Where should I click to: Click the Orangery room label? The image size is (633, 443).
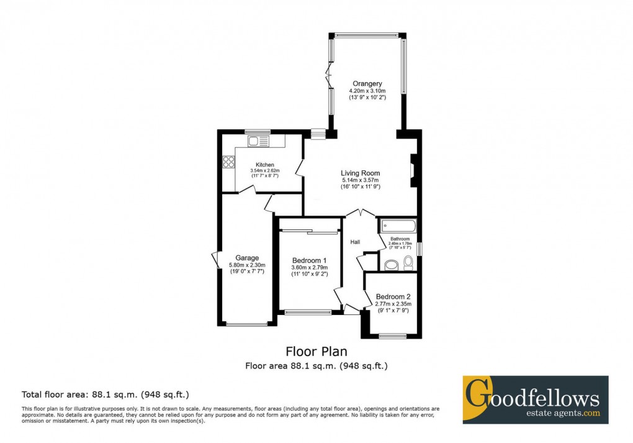[367, 83]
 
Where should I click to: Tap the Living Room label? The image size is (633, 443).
[360, 173]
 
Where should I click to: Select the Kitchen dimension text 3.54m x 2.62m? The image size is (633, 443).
[264, 170]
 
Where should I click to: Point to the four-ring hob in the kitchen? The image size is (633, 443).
[228, 162]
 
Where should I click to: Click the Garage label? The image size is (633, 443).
[246, 258]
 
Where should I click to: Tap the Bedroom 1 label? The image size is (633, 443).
[309, 260]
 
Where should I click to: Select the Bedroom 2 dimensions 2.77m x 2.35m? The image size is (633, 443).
[393, 304]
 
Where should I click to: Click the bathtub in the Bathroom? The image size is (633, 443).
[398, 226]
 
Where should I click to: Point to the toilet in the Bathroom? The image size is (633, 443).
[408, 264]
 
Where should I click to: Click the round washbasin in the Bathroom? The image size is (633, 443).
[391, 265]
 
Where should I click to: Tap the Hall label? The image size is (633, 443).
[356, 242]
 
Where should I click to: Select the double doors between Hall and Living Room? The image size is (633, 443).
[361, 212]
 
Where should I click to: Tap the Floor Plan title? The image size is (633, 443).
[316, 352]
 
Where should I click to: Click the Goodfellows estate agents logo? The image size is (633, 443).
[535, 400]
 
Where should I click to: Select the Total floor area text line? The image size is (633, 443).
[105, 394]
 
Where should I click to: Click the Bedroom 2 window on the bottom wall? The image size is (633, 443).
[392, 336]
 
